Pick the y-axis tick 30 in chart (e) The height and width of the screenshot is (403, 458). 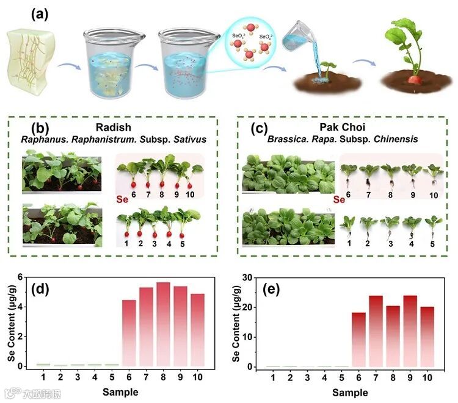tap(246, 277)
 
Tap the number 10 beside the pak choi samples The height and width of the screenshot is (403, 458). tap(434, 196)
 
